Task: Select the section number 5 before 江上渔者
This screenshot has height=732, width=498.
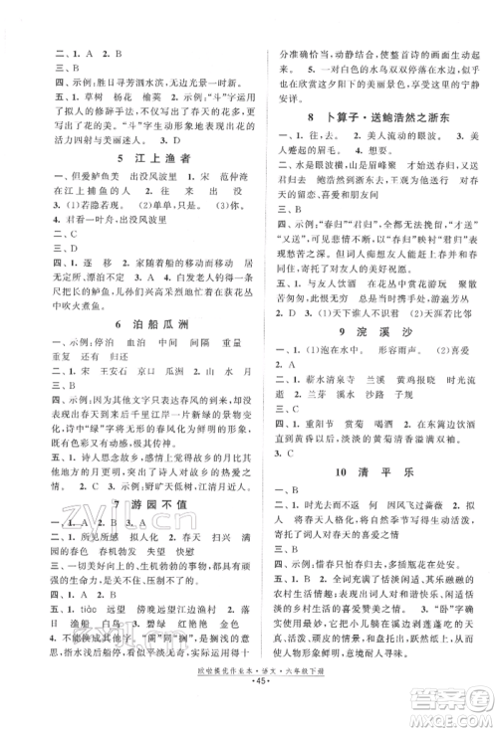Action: click(x=92, y=159)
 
